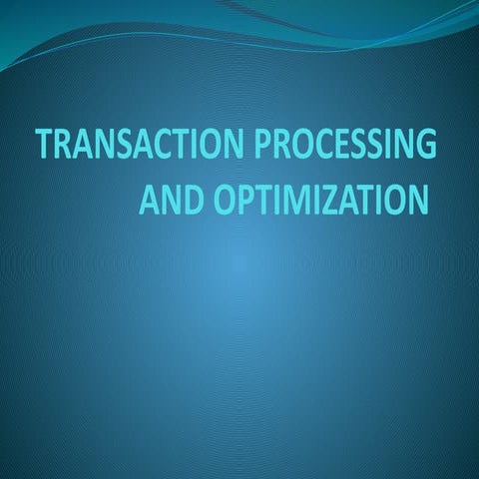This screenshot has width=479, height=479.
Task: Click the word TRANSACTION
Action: pyautogui.click(x=141, y=147)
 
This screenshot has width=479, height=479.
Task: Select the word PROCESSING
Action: pyautogui.click(x=346, y=147)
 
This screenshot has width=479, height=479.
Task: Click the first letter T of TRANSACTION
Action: pyautogui.click(x=45, y=147)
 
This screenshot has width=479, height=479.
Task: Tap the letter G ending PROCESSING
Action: pyautogui.click(x=425, y=147)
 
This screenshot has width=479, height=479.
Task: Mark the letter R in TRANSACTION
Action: pyautogui.click(x=65, y=147)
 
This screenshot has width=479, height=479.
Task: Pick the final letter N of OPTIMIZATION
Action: pyautogui.click(x=416, y=200)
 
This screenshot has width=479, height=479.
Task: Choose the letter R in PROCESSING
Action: pyautogui.click(x=282, y=147)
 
